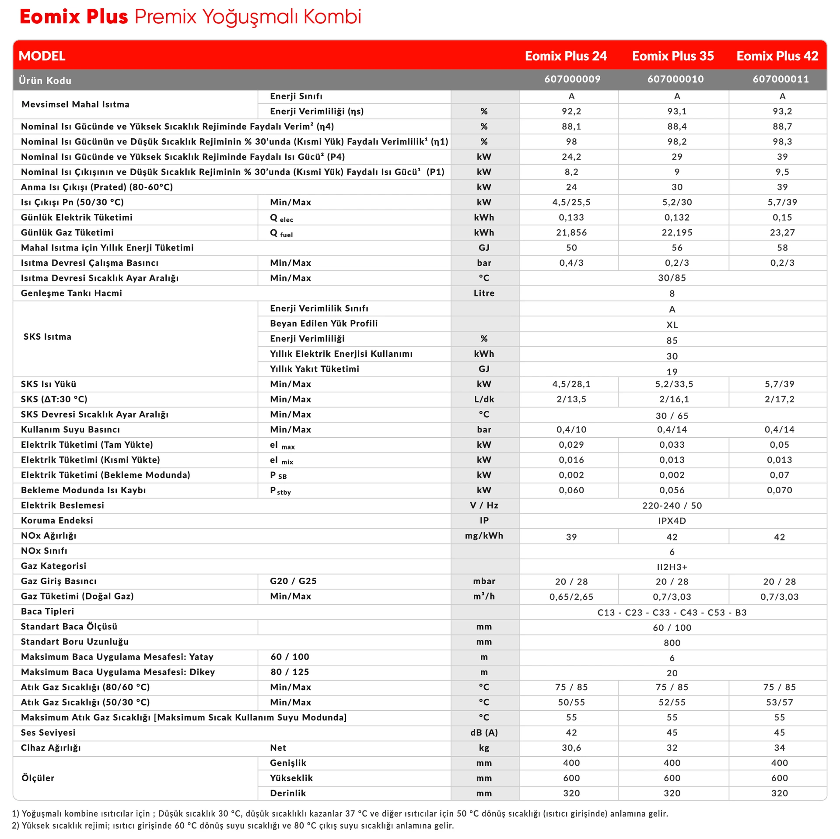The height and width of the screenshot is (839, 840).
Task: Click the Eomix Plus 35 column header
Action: pos(672,56)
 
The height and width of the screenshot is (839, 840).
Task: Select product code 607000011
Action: pos(780,79)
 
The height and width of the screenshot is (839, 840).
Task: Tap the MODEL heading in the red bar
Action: pos(42,56)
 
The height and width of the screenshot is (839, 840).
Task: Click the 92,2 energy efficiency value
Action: pos(571,111)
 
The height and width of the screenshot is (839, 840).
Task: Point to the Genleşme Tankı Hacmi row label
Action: pos(71,293)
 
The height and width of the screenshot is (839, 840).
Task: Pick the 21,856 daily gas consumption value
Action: pos(571,232)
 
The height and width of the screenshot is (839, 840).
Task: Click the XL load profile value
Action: pos(672,325)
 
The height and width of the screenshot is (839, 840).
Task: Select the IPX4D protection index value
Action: pos(672,521)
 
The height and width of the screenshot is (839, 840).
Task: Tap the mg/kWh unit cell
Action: pos(484,536)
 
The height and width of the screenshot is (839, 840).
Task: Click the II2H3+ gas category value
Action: pos(672,567)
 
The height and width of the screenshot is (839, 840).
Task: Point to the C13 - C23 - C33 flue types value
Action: pos(672,612)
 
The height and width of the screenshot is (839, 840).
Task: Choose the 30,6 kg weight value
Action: pos(571,748)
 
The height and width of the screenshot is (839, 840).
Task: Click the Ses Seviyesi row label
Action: pos(48,733)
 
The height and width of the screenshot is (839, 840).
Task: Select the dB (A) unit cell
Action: pos(484,733)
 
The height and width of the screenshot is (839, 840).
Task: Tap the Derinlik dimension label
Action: pos(288,793)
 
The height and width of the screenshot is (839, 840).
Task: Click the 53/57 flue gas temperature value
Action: pos(780,702)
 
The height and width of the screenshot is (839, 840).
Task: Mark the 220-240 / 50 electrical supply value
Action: pos(672,506)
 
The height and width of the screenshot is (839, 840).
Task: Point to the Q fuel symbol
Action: pos(281,233)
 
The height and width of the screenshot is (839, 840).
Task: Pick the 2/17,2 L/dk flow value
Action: pos(780,399)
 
